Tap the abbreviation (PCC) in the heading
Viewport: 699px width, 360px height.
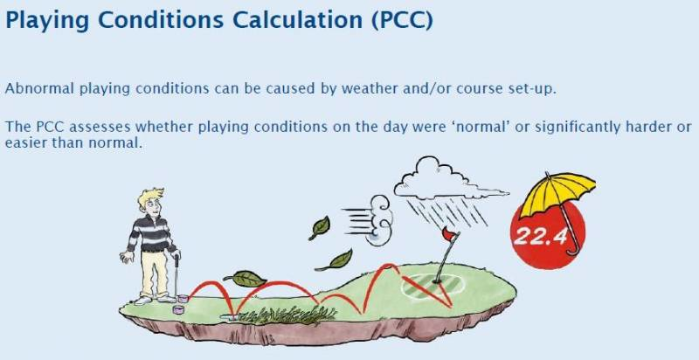coord(402,20)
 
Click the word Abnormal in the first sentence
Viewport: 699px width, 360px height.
coord(39,88)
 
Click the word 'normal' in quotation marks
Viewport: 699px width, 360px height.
coord(486,127)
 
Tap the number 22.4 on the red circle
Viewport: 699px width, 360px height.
coord(540,237)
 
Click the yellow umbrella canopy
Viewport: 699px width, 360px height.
coord(557,192)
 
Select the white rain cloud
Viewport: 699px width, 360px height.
coord(448,181)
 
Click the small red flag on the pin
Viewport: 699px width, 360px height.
coord(450,232)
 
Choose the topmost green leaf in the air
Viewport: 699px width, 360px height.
coord(320,228)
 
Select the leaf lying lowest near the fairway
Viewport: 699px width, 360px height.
coord(245,279)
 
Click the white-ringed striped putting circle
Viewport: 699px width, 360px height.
coord(433,286)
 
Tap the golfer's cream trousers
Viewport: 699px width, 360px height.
coord(155,273)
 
